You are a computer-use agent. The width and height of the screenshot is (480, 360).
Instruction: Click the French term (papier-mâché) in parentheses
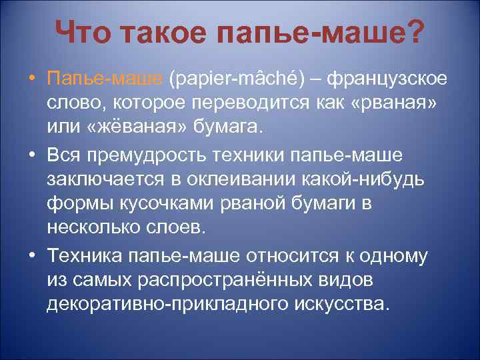coord(236,80)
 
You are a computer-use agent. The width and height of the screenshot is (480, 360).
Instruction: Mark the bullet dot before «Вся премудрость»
coord(33,155)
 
